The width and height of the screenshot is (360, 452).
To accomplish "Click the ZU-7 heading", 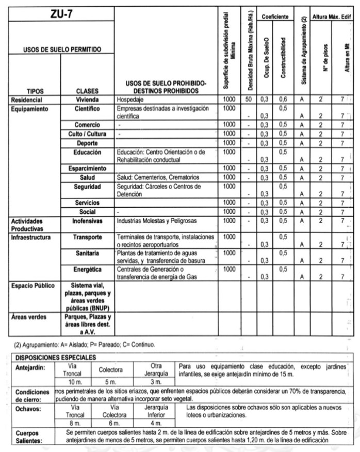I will (x=61, y=14).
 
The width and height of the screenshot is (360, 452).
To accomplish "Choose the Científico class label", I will (x=87, y=109).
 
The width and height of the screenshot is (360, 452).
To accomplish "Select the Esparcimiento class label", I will (x=87, y=169).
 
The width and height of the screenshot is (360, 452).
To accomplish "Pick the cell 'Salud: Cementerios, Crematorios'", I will (x=159, y=177).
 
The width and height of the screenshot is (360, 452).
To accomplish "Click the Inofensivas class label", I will (x=87, y=221).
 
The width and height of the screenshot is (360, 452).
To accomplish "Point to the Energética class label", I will (x=87, y=270).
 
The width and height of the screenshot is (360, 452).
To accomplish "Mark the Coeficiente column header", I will (x=274, y=17).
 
